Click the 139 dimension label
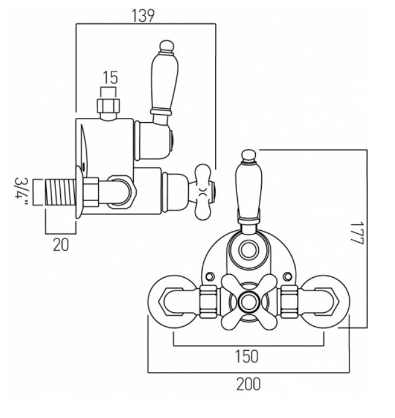coord(143,16)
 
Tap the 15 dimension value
coord(110,78)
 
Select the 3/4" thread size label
coord(22,191)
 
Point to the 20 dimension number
coord(61,245)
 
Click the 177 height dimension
coord(357,233)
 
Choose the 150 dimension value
coord(247,357)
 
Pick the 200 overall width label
coord(248,385)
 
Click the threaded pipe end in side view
coord(60,192)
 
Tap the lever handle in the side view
coord(163,82)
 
